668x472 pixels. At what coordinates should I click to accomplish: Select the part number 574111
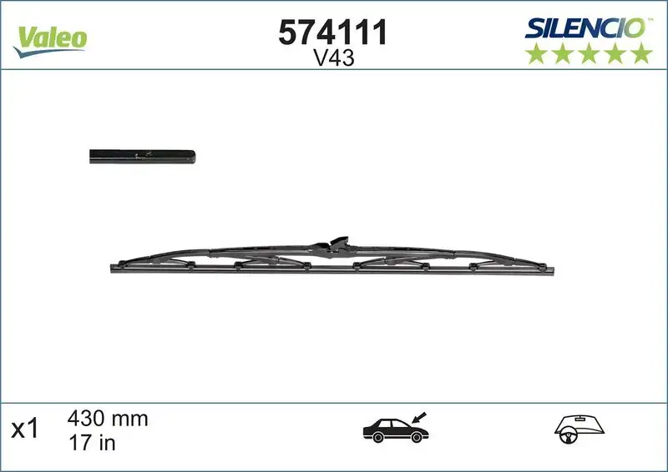click(x=331, y=33)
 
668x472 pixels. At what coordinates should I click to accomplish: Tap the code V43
click(x=332, y=59)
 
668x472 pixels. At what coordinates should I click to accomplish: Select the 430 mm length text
click(x=107, y=419)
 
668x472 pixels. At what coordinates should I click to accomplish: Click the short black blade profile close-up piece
click(x=142, y=156)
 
